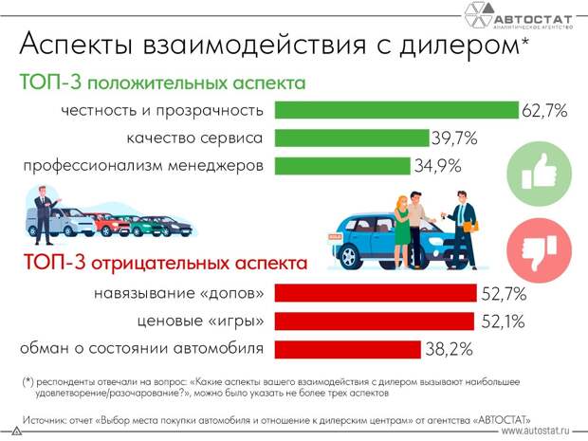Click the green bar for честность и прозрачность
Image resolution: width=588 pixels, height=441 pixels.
pyautogui.click(x=396, y=110)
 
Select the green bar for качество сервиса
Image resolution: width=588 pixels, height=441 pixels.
pyautogui.click(x=351, y=138)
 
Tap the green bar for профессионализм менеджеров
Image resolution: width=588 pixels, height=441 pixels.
pyautogui.click(x=341, y=167)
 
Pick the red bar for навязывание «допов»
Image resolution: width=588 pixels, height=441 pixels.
pyautogui.click(x=376, y=292)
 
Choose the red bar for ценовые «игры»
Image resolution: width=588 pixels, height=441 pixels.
pyautogui.click(x=374, y=321)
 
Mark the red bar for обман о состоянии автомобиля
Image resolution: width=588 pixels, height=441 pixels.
pyautogui.click(x=347, y=348)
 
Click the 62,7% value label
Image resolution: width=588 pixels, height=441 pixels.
pyautogui.click(x=544, y=111)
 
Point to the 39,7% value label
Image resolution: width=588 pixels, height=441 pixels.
pyautogui.click(x=454, y=139)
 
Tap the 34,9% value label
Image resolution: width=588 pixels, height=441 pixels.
pyautogui.click(x=437, y=168)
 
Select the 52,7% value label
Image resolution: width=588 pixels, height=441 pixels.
pyautogui.click(x=504, y=293)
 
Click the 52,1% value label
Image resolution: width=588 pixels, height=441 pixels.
pyautogui.click(x=502, y=322)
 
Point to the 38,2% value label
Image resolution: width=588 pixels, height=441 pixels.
pyautogui.click(x=449, y=349)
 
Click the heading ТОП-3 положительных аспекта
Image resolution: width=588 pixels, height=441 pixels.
pyautogui.click(x=162, y=82)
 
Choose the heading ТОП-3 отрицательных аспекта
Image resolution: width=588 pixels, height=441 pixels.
pyautogui.click(x=165, y=262)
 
